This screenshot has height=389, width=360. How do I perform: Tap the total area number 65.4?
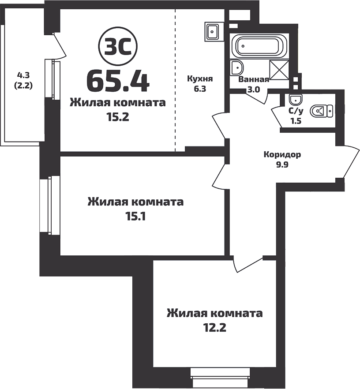click(118, 80)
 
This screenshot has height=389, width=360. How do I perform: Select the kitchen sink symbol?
click(213, 32)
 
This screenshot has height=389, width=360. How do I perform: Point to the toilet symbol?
click(322, 111)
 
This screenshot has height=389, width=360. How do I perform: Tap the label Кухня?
click(200, 79)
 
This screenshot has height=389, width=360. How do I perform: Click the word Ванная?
click(254, 80)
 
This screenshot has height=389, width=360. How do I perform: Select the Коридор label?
click(282, 155)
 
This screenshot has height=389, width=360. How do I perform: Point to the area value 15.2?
click(118, 117)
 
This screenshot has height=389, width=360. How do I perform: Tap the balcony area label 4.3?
click(24, 75)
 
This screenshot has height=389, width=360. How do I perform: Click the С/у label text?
click(295, 112)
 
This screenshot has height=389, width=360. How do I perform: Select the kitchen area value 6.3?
click(200, 88)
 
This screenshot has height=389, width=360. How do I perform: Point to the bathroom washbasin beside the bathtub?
click(237, 68)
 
